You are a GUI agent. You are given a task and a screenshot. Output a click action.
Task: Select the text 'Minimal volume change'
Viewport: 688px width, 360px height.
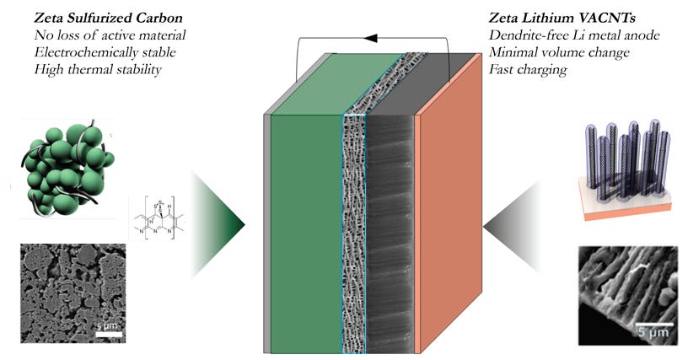tap(561, 52)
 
